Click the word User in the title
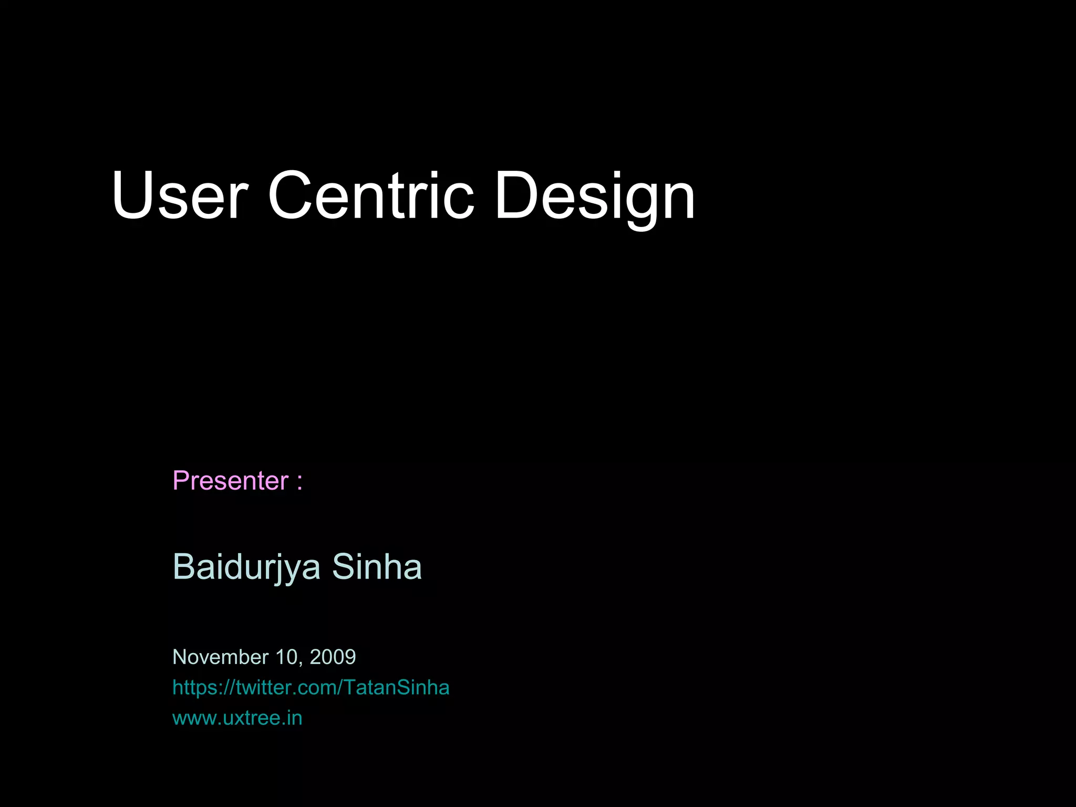pos(179,195)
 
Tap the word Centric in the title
pos(371,195)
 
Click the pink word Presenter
pos(231,481)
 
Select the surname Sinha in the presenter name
pos(377,567)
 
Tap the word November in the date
pos(220,657)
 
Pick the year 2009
pos(333,657)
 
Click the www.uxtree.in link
pos(237,718)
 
